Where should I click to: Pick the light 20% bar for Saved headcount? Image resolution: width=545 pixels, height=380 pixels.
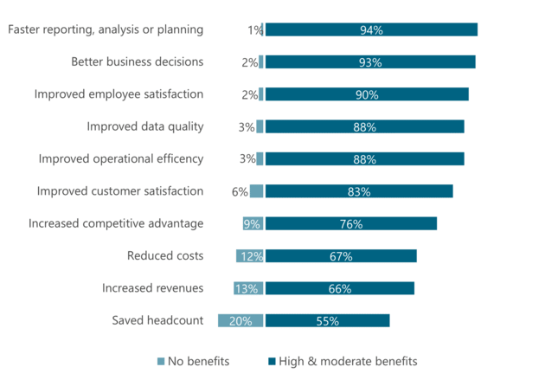click(240, 320)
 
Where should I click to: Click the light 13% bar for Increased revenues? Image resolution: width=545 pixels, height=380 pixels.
click(248, 288)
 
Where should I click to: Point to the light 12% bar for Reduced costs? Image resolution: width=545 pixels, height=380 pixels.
click(250, 256)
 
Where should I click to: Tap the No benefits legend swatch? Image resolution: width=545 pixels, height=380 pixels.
click(159, 361)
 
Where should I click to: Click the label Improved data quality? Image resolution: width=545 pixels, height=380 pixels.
click(144, 126)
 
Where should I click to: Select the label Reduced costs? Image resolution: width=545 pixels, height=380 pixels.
click(164, 255)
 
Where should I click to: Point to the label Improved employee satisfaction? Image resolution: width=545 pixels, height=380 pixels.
click(119, 94)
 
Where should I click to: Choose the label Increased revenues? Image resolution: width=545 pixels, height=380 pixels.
click(152, 288)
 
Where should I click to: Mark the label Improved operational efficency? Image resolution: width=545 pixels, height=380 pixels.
click(121, 158)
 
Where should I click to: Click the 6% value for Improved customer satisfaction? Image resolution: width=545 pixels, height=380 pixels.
click(240, 191)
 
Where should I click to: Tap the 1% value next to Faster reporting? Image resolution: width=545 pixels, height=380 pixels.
click(254, 30)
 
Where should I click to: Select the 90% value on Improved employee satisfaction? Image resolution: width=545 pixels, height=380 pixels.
click(366, 94)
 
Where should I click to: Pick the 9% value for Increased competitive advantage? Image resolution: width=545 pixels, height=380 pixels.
click(252, 224)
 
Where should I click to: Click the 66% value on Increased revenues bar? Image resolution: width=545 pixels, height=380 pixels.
click(339, 288)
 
